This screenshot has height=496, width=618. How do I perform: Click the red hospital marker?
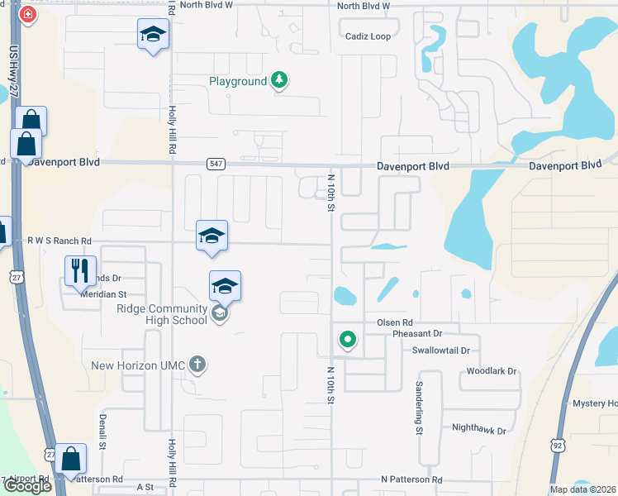[x=27, y=15]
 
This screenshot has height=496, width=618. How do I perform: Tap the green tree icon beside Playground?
[x=280, y=80]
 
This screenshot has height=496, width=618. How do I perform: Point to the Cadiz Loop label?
[x=368, y=36]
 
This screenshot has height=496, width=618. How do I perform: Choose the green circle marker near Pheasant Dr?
[x=348, y=338]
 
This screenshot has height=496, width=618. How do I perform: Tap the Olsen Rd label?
[x=394, y=322]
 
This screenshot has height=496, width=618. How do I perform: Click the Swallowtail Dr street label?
[x=446, y=351]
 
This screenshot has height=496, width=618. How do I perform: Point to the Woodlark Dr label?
[x=491, y=372]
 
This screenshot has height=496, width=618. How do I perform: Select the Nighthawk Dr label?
[x=478, y=429]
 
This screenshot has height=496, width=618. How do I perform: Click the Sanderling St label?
[x=420, y=409]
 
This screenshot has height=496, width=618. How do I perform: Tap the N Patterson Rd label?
[x=411, y=479]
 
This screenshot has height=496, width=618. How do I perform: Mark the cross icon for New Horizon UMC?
[x=197, y=364]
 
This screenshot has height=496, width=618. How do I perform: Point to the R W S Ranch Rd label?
[x=59, y=241]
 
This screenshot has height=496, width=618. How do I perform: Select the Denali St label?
[x=103, y=432]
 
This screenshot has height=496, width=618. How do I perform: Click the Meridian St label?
[x=102, y=293]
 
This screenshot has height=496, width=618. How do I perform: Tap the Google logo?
[x=27, y=485]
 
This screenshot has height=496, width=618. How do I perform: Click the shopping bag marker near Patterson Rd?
[x=72, y=460]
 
